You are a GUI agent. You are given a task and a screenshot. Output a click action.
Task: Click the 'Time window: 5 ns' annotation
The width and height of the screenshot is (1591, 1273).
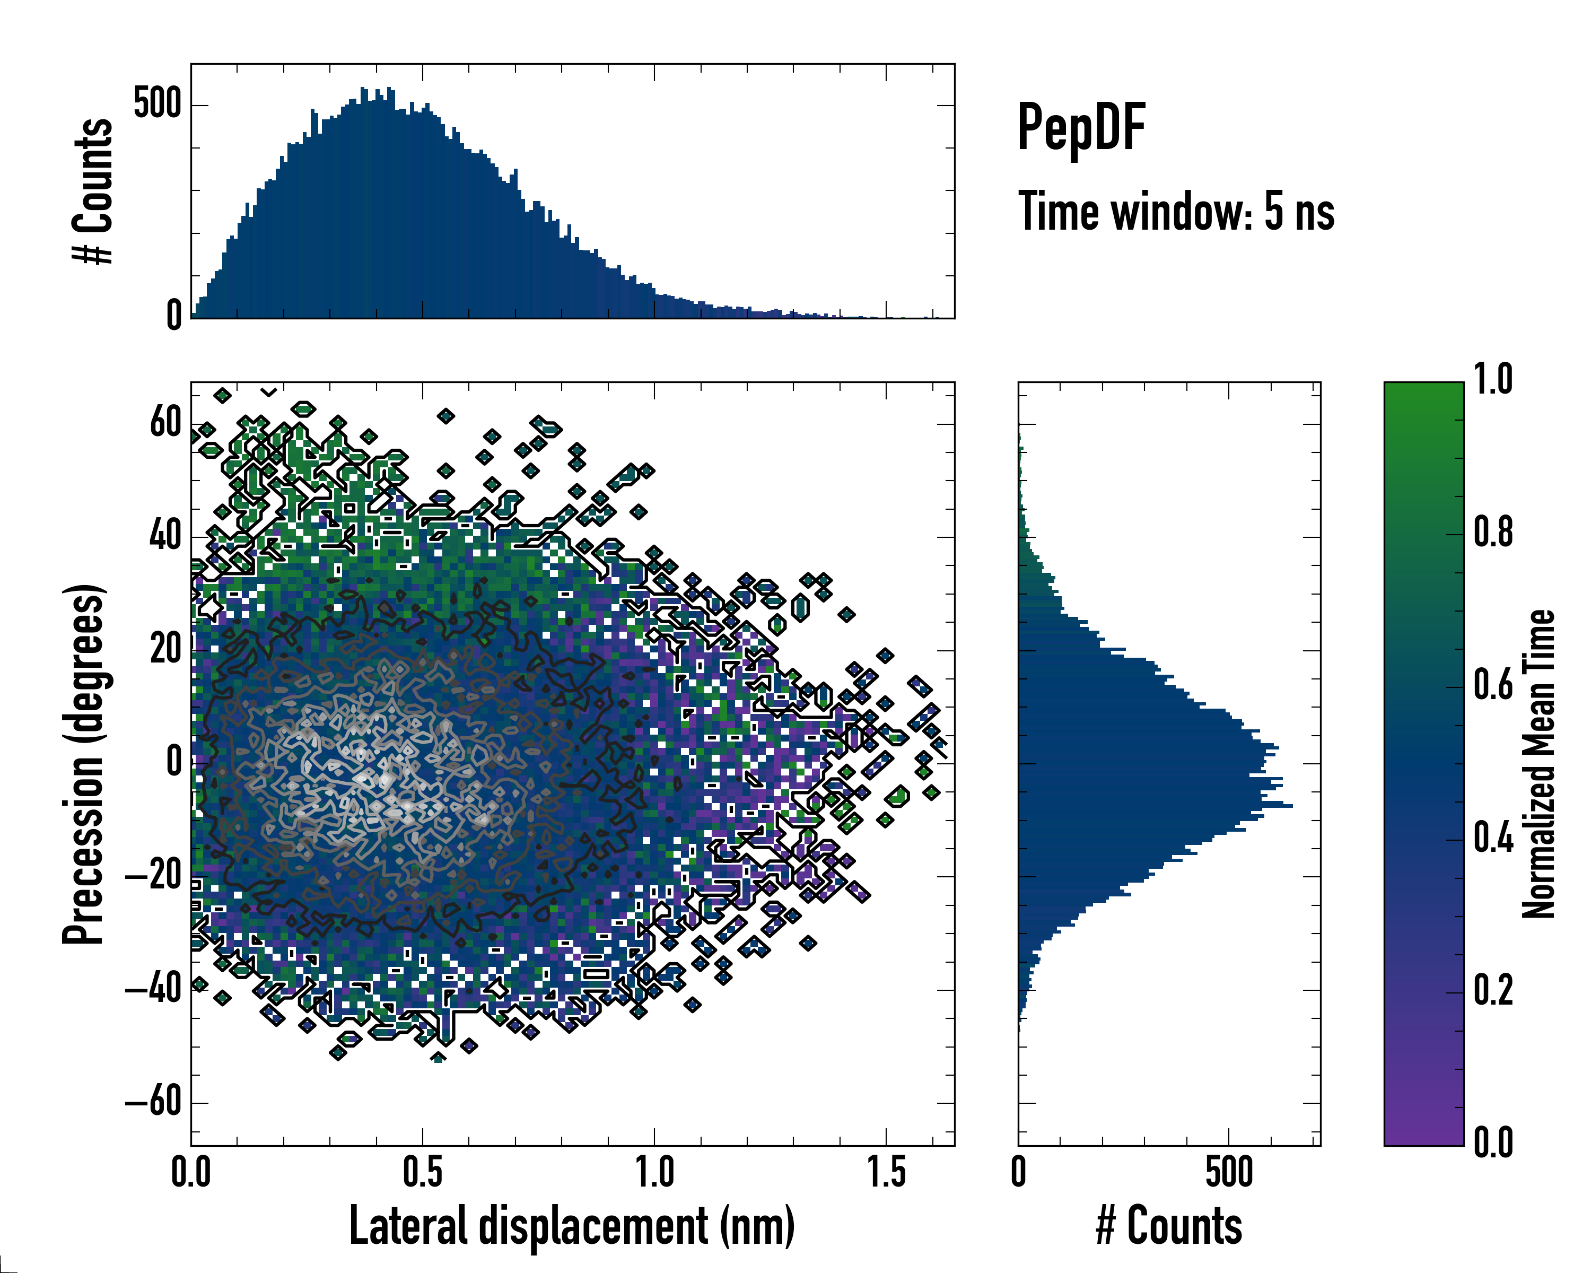[1176, 212]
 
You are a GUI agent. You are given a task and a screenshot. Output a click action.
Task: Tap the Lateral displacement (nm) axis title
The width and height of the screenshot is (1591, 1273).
[572, 1226]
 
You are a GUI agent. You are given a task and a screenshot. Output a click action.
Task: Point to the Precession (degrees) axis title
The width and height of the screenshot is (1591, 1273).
[83, 764]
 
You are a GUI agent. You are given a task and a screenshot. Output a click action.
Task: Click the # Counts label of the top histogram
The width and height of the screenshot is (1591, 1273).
[93, 191]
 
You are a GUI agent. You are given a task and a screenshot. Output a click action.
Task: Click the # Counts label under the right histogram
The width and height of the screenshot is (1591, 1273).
[1169, 1226]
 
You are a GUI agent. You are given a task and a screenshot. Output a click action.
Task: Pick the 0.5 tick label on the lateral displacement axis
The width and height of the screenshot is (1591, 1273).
[422, 1173]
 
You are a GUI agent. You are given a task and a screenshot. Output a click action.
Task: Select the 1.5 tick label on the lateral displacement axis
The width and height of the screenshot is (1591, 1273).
[886, 1173]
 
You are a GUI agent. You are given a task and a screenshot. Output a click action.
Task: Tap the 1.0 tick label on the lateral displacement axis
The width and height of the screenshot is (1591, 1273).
[654, 1173]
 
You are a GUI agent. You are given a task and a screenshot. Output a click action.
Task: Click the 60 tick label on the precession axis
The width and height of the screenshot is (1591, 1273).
[165, 424]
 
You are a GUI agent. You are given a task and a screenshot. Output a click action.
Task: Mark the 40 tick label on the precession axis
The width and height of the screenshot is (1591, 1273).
[165, 536]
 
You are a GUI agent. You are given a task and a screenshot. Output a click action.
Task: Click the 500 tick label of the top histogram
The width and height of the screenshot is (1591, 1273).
[157, 104]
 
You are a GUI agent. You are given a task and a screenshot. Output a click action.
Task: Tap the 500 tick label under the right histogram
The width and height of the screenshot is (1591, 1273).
[1229, 1173]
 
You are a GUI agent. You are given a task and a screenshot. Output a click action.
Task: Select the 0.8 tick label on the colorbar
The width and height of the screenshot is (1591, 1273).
[1493, 533]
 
